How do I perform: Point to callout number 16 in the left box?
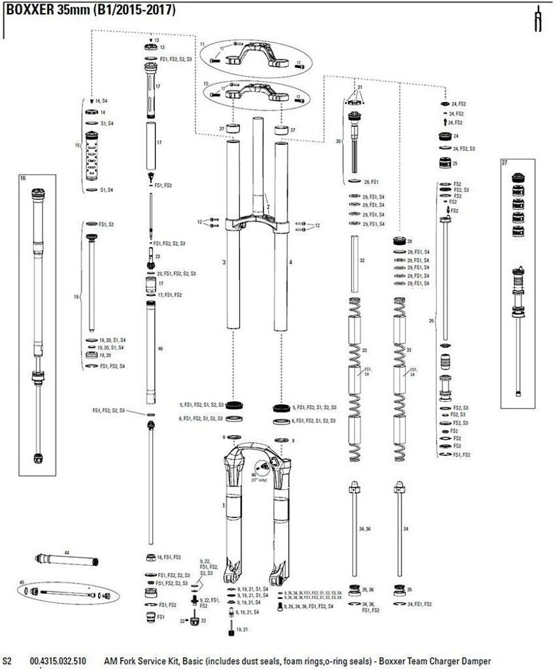point(23,178)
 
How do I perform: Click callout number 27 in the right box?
point(505,161)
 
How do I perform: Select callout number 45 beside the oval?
point(22,582)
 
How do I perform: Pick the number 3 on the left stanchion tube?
point(224,262)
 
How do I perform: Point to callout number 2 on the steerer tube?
point(267,206)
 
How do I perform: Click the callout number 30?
point(339,140)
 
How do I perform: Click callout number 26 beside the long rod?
point(431,321)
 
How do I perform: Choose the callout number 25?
point(455,163)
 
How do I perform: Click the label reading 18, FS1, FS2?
point(168,557)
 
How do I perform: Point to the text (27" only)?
point(260,480)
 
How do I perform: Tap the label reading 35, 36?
point(367,590)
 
